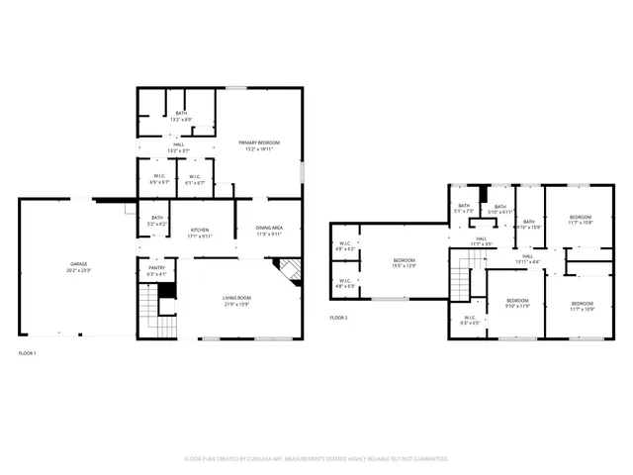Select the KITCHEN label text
point(200,232)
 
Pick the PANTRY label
point(156,270)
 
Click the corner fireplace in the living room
point(288,271)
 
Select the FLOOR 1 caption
point(28,353)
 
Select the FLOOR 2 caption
point(339,318)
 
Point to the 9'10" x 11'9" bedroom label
point(517,303)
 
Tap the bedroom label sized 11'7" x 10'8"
point(580,220)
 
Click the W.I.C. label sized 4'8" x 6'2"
point(345,246)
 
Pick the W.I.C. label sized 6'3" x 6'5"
point(470,321)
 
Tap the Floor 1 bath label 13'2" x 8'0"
point(181,116)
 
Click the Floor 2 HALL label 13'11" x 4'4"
point(527,259)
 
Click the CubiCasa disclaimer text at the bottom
point(316,459)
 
